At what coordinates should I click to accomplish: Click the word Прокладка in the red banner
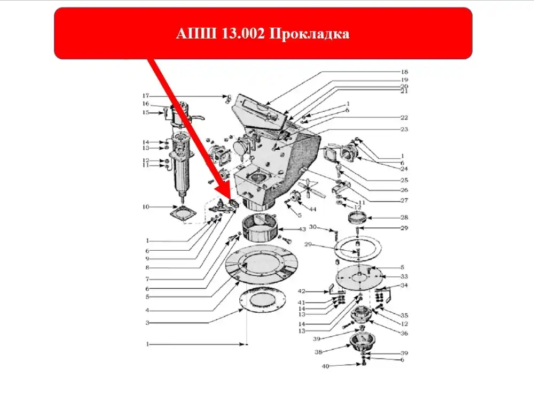pyautogui.click(x=310, y=34)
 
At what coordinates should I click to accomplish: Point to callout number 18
pyautogui.click(x=404, y=72)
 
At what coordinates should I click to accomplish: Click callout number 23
pyautogui.click(x=404, y=129)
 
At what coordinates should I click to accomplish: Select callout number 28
pyautogui.click(x=404, y=218)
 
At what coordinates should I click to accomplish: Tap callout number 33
pyautogui.click(x=404, y=276)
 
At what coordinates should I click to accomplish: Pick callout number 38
pyautogui.click(x=319, y=352)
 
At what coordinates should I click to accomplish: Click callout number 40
pyautogui.click(x=326, y=366)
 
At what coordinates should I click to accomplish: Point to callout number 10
pyautogui.click(x=146, y=206)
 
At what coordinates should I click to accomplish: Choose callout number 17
pyautogui.click(x=146, y=96)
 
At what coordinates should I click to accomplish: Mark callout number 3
pyautogui.click(x=147, y=322)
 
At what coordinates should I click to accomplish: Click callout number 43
pyautogui.click(x=302, y=229)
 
